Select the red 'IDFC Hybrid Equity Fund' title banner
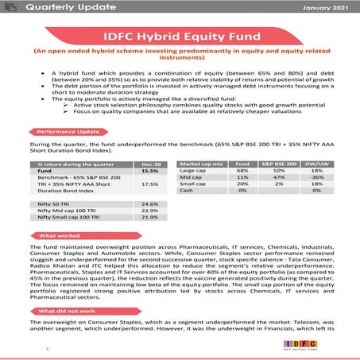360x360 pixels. pos(180,36)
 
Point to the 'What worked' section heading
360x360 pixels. pos(60,236)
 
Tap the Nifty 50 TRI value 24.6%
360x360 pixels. pos(150,204)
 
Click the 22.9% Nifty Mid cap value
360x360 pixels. pos(150,211)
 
